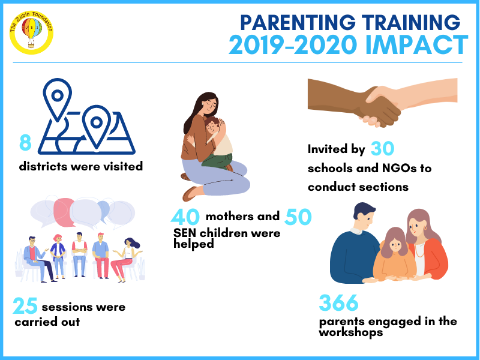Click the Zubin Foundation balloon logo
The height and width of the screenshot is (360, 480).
point(31,32)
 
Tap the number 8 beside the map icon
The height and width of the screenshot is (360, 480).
point(25,142)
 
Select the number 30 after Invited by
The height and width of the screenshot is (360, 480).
point(382,149)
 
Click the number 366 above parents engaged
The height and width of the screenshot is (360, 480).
point(338,302)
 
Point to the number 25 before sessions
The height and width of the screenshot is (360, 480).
point(25,306)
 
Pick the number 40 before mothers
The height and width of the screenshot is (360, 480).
point(185,217)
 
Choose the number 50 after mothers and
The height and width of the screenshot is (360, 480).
point(298,217)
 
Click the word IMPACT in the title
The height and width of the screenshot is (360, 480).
point(416,44)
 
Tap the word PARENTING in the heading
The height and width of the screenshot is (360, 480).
point(298,22)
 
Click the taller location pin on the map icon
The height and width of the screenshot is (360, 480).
point(57,98)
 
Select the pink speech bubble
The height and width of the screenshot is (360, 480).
point(64,212)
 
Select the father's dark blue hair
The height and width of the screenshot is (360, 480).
point(364,209)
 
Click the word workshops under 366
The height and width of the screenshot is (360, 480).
point(351,332)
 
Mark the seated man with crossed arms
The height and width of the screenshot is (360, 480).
point(80,254)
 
